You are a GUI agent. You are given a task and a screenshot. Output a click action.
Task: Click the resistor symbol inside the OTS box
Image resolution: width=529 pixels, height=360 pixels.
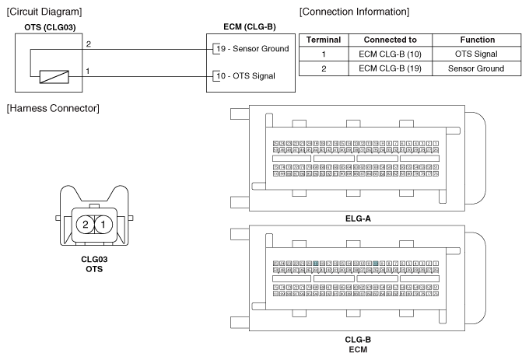click(x=55, y=77)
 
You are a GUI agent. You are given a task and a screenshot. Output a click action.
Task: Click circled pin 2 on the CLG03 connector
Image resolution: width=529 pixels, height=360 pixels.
click(x=84, y=225)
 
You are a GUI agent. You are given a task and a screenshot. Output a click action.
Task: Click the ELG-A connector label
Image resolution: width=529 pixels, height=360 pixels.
click(x=357, y=218)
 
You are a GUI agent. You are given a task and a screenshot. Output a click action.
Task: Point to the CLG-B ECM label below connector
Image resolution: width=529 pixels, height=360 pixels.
click(x=357, y=344)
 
